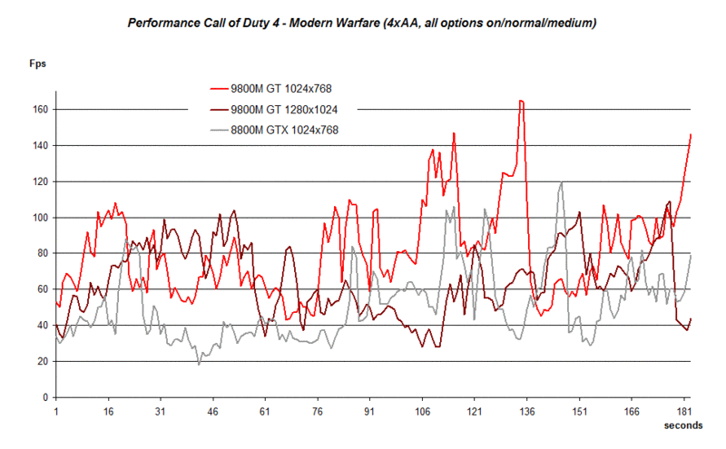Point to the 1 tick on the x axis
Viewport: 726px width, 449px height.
(x=56, y=411)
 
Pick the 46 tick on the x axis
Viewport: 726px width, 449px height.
(x=212, y=411)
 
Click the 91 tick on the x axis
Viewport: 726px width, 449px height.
(x=369, y=411)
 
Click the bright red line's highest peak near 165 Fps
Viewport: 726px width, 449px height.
(x=521, y=101)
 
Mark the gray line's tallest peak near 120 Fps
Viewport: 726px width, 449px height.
(x=562, y=182)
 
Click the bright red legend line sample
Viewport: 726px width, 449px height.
(x=218, y=89)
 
